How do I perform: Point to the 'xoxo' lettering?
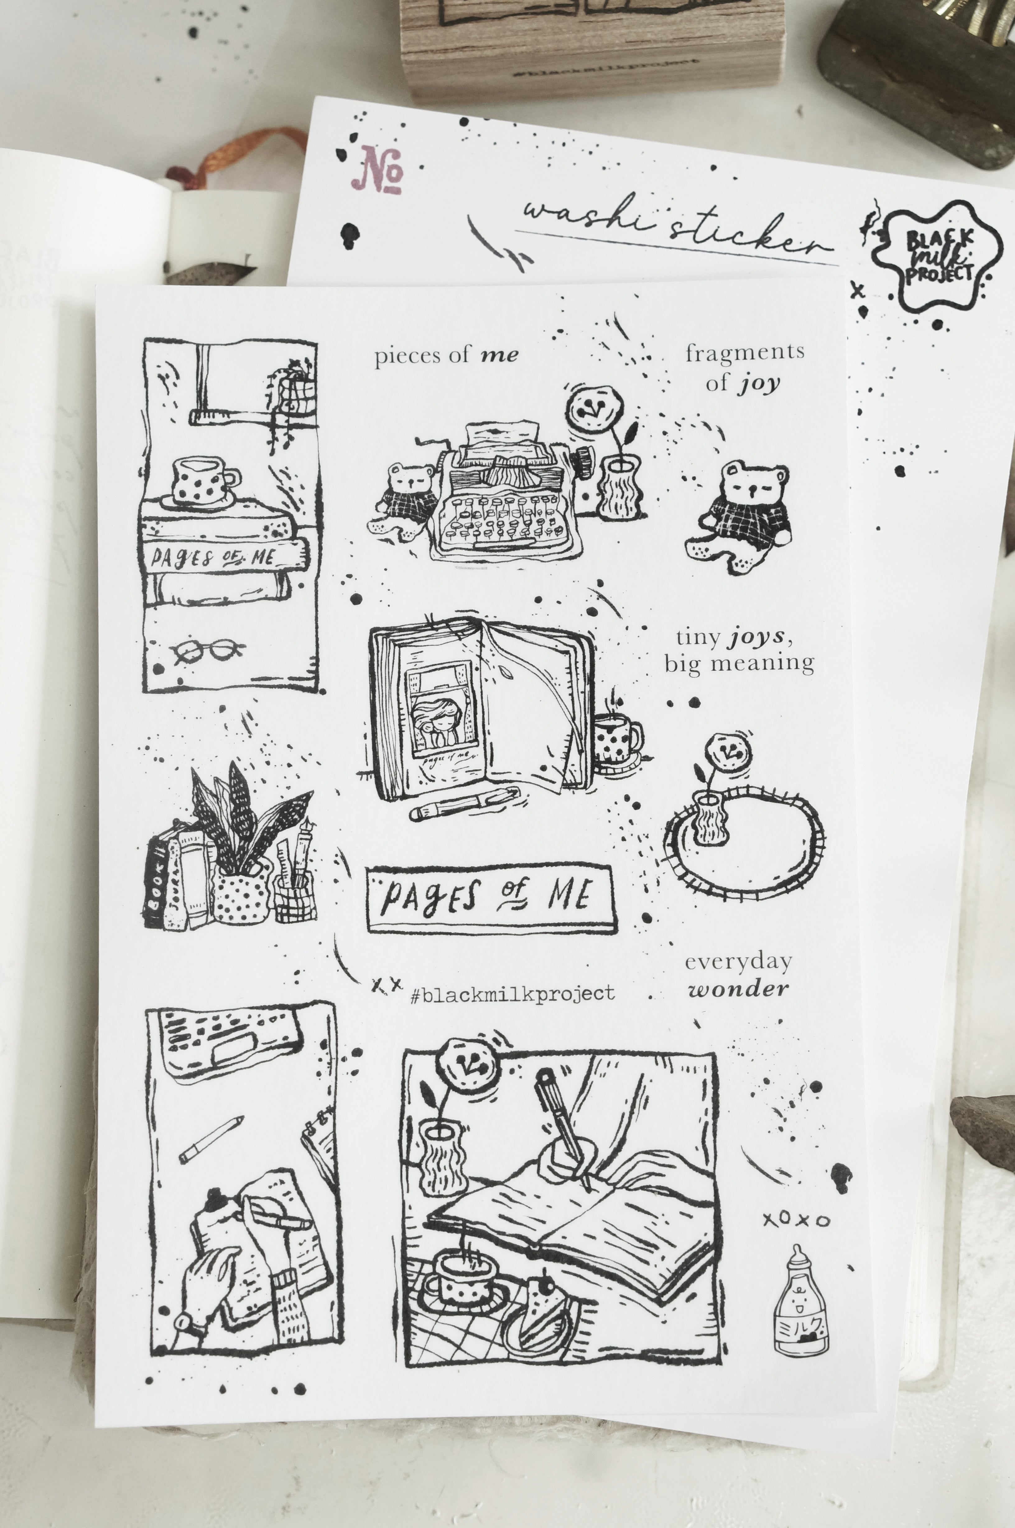(x=795, y=1220)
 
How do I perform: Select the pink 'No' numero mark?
(x=378, y=170)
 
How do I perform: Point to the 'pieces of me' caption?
(x=446, y=355)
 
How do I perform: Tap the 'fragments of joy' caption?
(x=744, y=367)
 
